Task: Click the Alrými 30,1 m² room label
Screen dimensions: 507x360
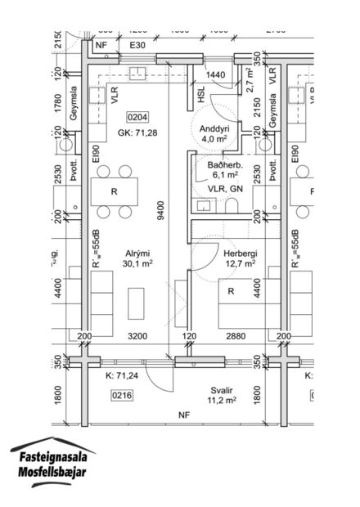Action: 137,258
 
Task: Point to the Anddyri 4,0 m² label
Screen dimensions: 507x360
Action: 214,132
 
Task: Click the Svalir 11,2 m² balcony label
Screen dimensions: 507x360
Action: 220,396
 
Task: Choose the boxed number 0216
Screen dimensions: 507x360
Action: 121,395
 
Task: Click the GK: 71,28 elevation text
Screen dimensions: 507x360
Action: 137,132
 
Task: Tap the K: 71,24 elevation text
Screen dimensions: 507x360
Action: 120,376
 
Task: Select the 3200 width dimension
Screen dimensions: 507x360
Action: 137,336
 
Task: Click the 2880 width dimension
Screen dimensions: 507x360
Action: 235,336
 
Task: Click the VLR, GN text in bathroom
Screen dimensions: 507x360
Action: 225,189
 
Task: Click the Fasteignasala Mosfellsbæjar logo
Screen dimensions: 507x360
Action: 52,464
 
